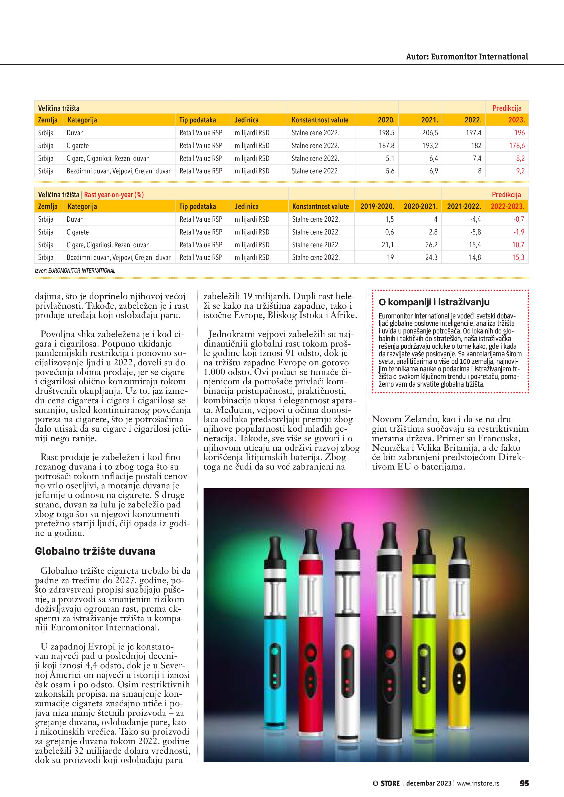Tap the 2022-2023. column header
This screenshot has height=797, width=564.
pos(507,206)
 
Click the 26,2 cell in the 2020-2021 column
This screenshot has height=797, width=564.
pos(431,245)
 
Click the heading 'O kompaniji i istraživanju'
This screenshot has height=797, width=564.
pos(434,302)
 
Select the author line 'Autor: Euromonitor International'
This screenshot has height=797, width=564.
pos(467,57)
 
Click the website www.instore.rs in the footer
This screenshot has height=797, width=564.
pos(478,783)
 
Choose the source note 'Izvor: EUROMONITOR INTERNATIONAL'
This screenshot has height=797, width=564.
pos(75,271)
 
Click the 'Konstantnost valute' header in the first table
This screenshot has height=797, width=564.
pos(320,120)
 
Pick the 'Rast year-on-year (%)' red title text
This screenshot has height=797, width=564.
pos(114,195)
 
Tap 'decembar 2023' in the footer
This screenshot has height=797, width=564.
pos(429,783)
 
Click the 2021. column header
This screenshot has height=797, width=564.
pos(429,120)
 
